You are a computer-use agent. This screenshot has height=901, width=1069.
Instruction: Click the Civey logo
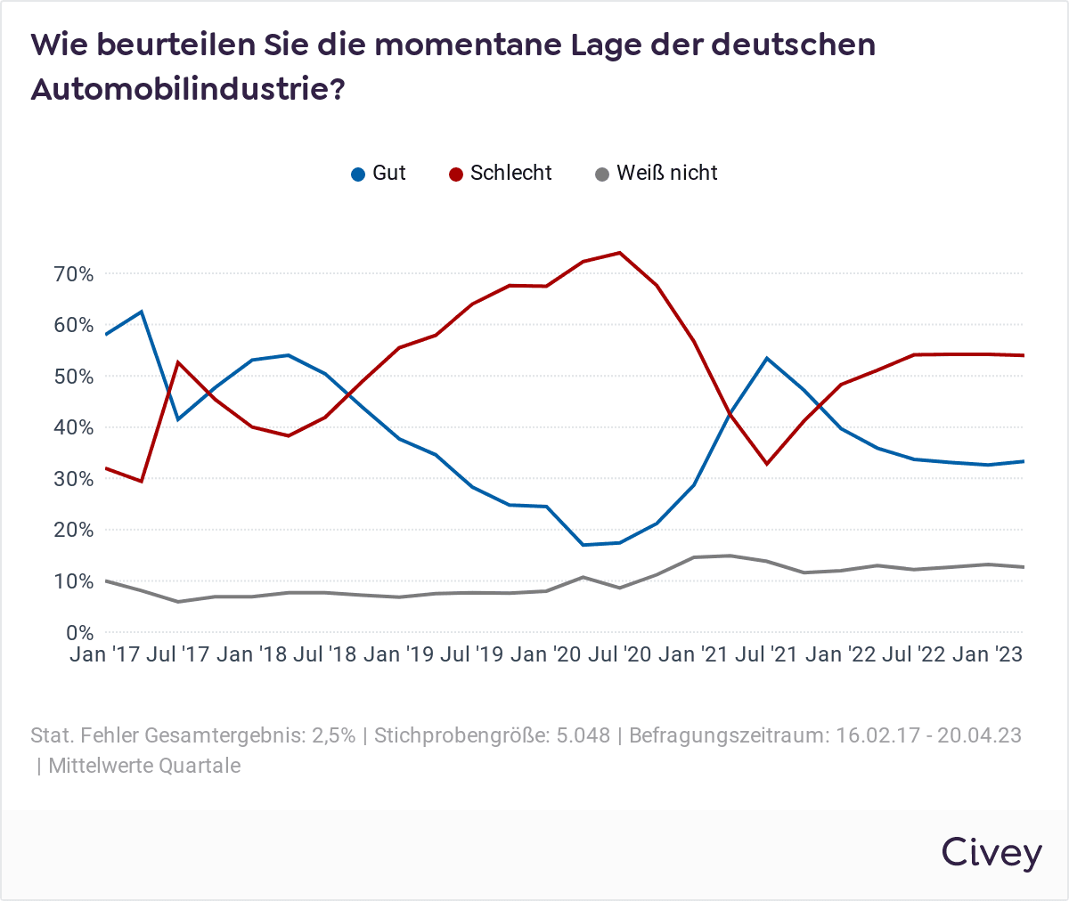click(991, 852)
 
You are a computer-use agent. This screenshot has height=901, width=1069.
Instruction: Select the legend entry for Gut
click(379, 174)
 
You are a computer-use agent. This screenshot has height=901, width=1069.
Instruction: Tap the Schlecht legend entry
click(500, 174)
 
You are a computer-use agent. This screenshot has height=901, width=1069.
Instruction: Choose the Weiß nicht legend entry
click(656, 174)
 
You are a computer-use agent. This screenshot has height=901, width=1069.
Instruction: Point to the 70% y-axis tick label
click(74, 274)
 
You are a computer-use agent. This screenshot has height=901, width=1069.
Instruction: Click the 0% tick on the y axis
click(80, 633)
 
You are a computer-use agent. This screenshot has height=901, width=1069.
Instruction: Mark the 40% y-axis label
click(74, 428)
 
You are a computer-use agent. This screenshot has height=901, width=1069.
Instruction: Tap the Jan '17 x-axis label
click(105, 655)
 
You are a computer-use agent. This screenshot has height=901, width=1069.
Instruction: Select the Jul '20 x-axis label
click(620, 655)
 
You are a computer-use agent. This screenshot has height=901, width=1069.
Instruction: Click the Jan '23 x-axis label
click(987, 655)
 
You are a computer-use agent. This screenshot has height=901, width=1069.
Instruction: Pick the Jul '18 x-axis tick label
click(325, 655)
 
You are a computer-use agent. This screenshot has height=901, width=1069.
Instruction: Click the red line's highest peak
click(619, 253)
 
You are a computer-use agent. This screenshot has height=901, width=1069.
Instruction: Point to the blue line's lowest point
click(583, 545)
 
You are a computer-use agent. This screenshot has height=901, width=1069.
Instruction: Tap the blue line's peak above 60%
click(142, 312)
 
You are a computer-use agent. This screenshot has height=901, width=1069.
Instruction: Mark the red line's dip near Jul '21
click(766, 464)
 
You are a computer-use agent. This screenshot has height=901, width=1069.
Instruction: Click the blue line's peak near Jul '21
click(767, 358)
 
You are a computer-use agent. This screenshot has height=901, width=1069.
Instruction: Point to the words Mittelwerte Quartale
click(144, 766)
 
